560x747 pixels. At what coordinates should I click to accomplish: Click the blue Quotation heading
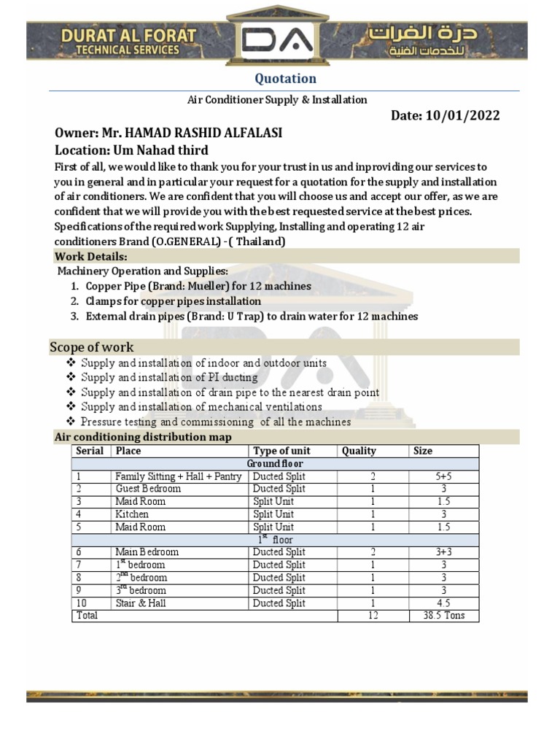click(284, 78)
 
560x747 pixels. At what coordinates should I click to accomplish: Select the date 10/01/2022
click(462, 116)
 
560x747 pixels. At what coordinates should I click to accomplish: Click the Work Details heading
click(91, 257)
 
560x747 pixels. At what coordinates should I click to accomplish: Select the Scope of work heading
click(91, 347)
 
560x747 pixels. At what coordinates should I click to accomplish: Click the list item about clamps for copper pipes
click(173, 301)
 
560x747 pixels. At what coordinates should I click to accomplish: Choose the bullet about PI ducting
click(169, 377)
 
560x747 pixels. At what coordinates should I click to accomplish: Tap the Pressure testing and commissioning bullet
click(216, 422)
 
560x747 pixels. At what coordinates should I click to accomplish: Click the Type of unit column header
click(281, 451)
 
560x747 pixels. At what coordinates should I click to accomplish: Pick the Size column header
click(423, 451)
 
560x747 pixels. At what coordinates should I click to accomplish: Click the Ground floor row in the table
click(275, 464)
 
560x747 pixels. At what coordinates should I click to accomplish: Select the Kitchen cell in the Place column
click(132, 514)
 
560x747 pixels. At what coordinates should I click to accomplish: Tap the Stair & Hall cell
click(140, 603)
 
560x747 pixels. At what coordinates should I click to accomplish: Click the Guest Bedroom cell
click(147, 489)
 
